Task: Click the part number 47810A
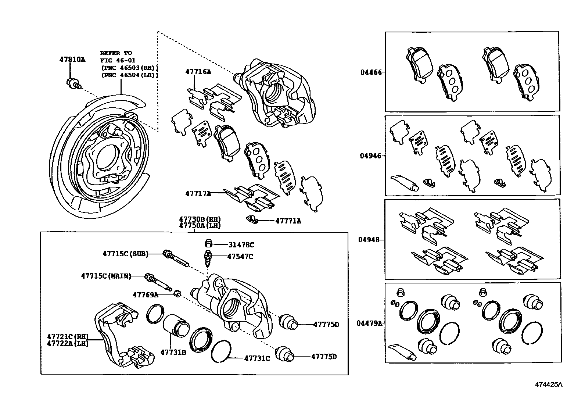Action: pyautogui.click(x=72, y=59)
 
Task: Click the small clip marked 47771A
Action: pyautogui.click(x=251, y=219)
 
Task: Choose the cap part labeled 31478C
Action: pyautogui.click(x=208, y=244)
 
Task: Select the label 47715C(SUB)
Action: pyautogui.click(x=125, y=254)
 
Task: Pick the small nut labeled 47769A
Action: pyautogui.click(x=177, y=294)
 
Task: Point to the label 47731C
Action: pyautogui.click(x=257, y=358)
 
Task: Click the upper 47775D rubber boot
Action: pyautogui.click(x=288, y=322)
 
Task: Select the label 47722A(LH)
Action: pyautogui.click(x=68, y=344)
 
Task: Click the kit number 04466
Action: pyautogui.click(x=371, y=72)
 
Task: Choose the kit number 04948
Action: pyautogui.click(x=369, y=240)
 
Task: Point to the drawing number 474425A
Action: pyautogui.click(x=548, y=385)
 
